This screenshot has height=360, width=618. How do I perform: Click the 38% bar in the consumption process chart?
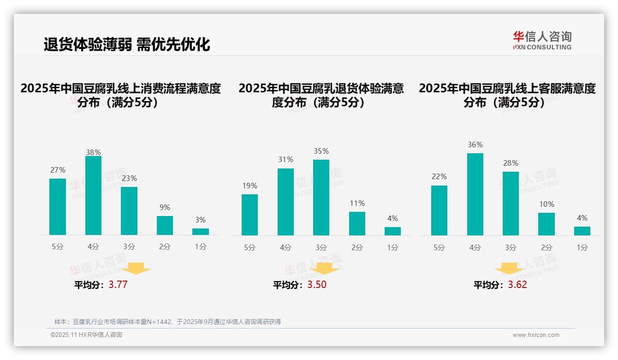tap(93, 196)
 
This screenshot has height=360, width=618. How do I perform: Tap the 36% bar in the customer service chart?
tap(475, 194)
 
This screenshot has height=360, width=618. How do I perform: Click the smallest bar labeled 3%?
tap(201, 232)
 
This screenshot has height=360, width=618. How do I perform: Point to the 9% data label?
tap(165, 208)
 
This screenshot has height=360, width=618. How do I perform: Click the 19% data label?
tap(250, 186)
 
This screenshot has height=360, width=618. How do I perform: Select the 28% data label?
tap(511, 163)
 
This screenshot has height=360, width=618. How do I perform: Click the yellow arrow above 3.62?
tap(509, 268)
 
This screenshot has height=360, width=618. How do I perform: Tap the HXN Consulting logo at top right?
tap(542, 40)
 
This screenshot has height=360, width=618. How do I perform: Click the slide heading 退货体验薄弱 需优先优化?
tap(127, 44)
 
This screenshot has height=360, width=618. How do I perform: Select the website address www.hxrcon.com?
tap(536, 335)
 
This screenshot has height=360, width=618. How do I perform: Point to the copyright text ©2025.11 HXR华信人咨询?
tap(86, 335)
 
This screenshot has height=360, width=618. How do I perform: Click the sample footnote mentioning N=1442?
tap(167, 322)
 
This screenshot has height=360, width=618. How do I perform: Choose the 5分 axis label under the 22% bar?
tap(439, 248)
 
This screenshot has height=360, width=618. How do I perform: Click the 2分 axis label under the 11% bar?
tap(357, 248)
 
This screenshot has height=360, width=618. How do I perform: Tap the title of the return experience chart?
tap(321, 95)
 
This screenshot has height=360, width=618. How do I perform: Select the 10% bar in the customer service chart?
tap(547, 224)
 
